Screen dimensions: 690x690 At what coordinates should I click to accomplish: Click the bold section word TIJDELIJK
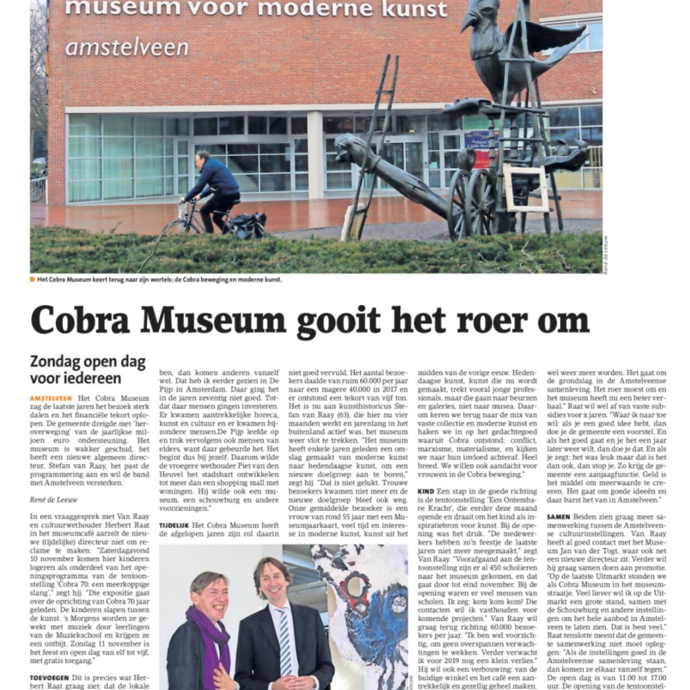point(175,524)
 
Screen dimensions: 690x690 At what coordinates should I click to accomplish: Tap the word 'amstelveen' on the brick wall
point(127,48)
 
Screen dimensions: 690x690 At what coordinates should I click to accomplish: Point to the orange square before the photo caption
point(32,279)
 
